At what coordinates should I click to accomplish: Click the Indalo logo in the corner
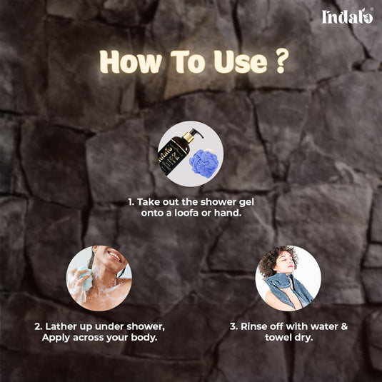point(347,16)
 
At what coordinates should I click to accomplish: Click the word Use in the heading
point(241,61)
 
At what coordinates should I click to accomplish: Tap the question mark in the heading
point(282,61)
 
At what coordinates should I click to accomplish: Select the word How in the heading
point(131,61)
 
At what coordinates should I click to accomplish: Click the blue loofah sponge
point(204,163)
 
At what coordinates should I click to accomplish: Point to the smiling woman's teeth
point(114,256)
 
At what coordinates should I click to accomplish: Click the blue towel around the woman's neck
point(288,288)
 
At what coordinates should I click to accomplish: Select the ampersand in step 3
point(344,326)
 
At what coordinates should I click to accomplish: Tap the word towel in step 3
point(277,338)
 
